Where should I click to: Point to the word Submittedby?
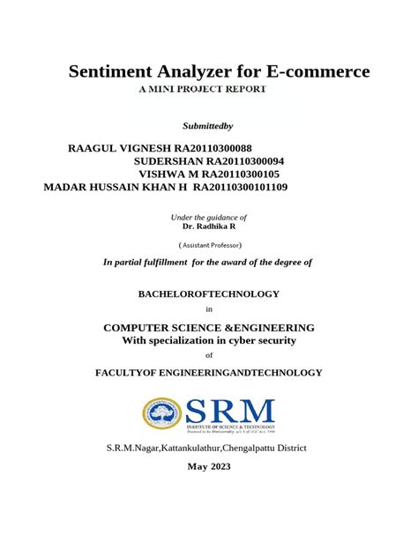208,128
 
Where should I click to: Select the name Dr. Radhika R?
209,226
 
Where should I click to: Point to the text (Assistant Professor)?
209,244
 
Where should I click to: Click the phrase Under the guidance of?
208,217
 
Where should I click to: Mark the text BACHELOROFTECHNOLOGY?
209,293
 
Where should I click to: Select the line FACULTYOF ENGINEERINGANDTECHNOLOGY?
209,373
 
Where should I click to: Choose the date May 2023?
209,466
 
